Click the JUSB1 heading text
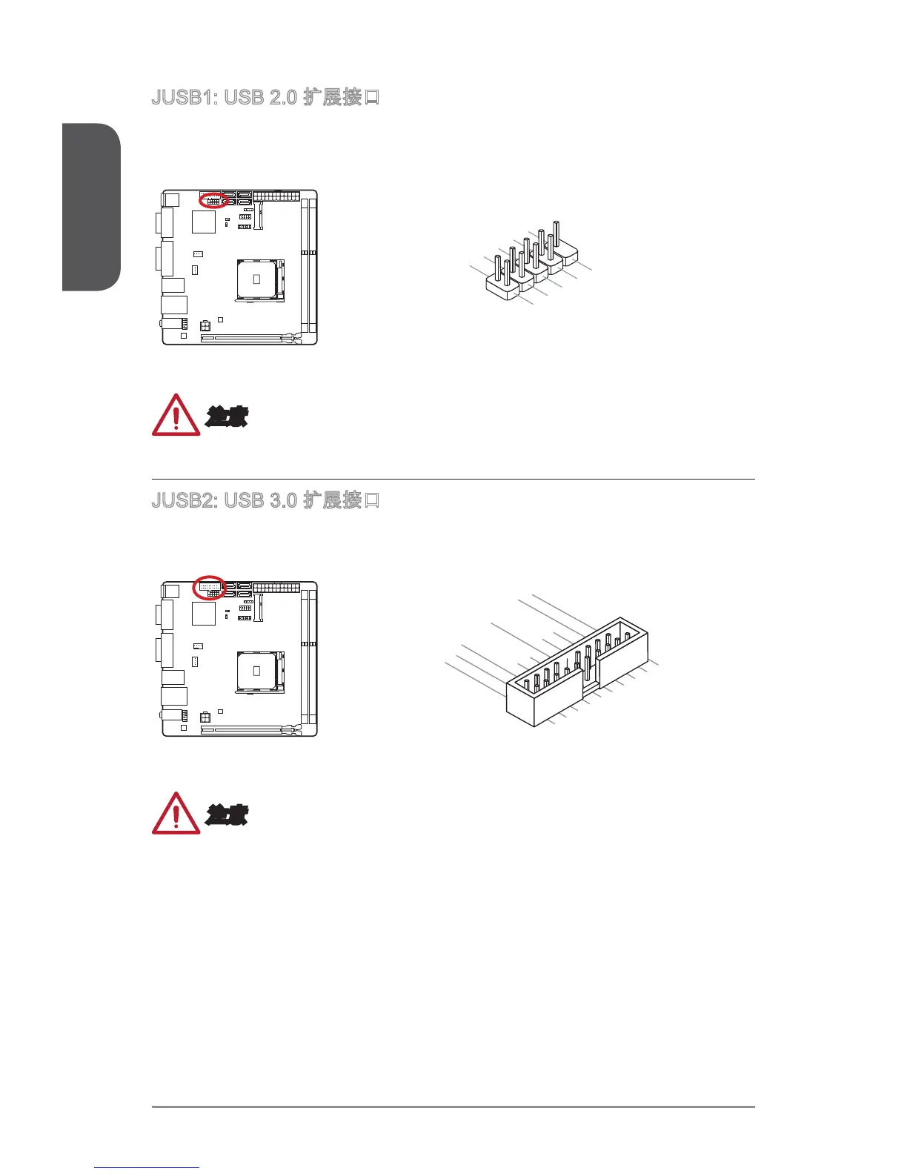265,97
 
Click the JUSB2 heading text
265,500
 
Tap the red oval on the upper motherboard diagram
213,200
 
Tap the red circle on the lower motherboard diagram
209,588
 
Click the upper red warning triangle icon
176,416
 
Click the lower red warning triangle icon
176,814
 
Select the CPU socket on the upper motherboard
257,279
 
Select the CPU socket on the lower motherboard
257,671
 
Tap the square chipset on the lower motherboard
204,613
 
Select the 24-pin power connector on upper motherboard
276,196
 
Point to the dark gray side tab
90,208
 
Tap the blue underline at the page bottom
147,1167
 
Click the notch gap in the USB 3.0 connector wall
590,690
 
